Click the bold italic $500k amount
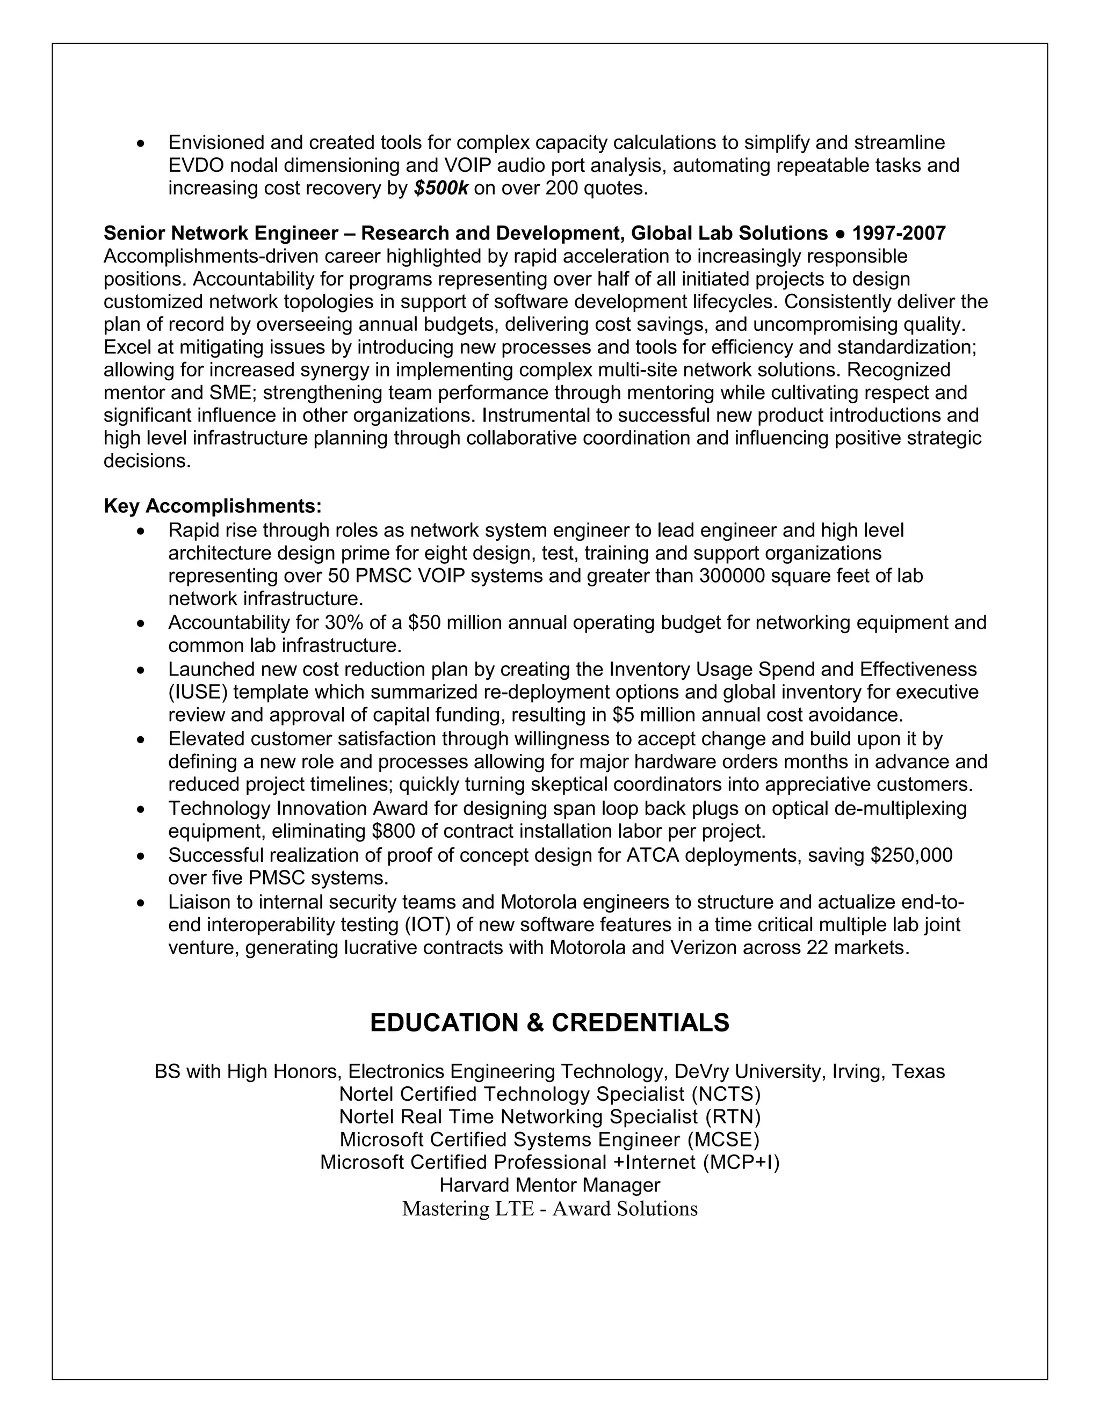pos(440,188)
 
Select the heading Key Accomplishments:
pos(213,506)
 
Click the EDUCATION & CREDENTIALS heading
pos(549,1023)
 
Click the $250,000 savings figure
pos(911,855)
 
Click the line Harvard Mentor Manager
pos(549,1185)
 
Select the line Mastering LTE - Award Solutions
pos(549,1209)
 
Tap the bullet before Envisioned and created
pos(140,143)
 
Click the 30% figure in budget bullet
pos(343,623)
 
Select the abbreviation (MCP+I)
pos(741,1163)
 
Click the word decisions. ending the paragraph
pos(147,461)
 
